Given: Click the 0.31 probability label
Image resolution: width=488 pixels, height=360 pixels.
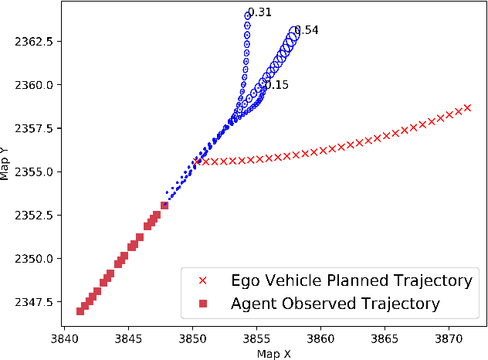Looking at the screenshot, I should click(x=260, y=12).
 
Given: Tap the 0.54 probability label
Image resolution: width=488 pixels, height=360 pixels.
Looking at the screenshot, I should click(x=306, y=30).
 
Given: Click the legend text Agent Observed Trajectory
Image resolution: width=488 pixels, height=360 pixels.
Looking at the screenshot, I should click(x=335, y=304).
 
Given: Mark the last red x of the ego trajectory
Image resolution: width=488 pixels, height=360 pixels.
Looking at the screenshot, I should click(x=467, y=107).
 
